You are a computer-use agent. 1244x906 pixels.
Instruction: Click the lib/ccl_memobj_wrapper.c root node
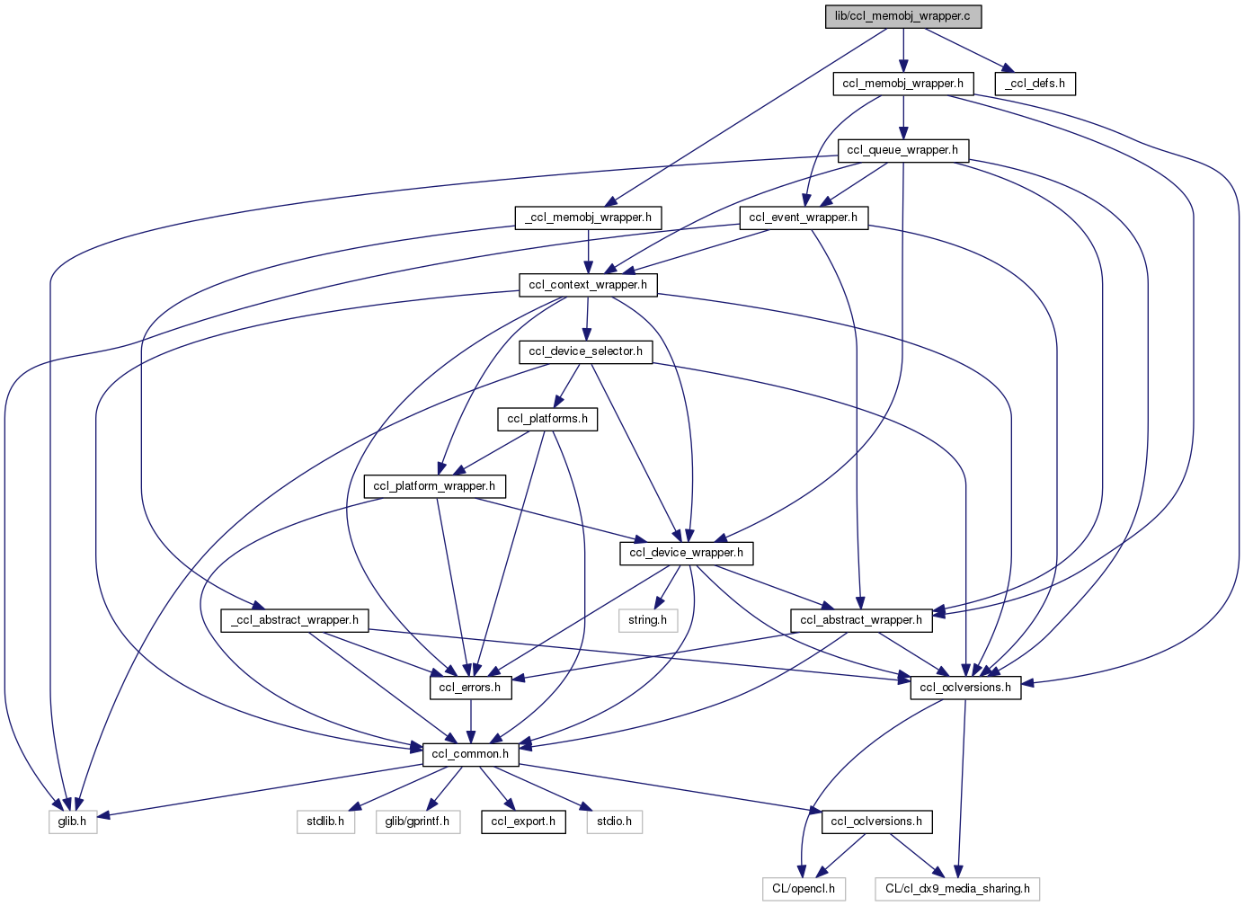click(x=903, y=16)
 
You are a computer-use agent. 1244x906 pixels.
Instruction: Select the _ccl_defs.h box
click(x=1035, y=84)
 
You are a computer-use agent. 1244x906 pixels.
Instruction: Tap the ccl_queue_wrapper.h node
click(x=902, y=150)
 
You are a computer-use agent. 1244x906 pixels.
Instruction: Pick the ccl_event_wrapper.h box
click(x=803, y=218)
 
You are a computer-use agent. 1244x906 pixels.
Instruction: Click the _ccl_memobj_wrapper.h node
click(x=588, y=218)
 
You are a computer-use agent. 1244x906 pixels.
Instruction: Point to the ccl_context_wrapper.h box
click(x=588, y=285)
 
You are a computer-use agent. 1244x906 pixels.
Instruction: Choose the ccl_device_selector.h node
click(x=585, y=351)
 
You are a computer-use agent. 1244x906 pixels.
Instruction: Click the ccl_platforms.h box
click(x=547, y=419)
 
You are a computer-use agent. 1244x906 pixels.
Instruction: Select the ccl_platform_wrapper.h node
click(x=434, y=486)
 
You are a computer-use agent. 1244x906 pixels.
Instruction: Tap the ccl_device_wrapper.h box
click(x=686, y=553)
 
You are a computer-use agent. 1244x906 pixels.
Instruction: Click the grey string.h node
click(x=647, y=620)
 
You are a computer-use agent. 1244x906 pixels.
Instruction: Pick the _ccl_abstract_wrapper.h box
click(x=295, y=620)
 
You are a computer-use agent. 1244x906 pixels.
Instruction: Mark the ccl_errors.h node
click(x=471, y=688)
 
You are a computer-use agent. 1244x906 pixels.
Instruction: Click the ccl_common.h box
click(x=470, y=754)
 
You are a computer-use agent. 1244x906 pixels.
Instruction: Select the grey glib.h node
click(x=72, y=822)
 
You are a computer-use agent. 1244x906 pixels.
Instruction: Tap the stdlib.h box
click(x=325, y=822)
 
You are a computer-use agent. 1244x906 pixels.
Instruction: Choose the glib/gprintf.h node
click(x=417, y=822)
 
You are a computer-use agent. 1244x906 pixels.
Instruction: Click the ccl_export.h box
click(x=523, y=822)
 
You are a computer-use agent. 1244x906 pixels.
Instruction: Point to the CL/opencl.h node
click(x=804, y=889)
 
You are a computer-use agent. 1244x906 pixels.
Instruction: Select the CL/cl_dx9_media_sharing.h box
click(x=957, y=889)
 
